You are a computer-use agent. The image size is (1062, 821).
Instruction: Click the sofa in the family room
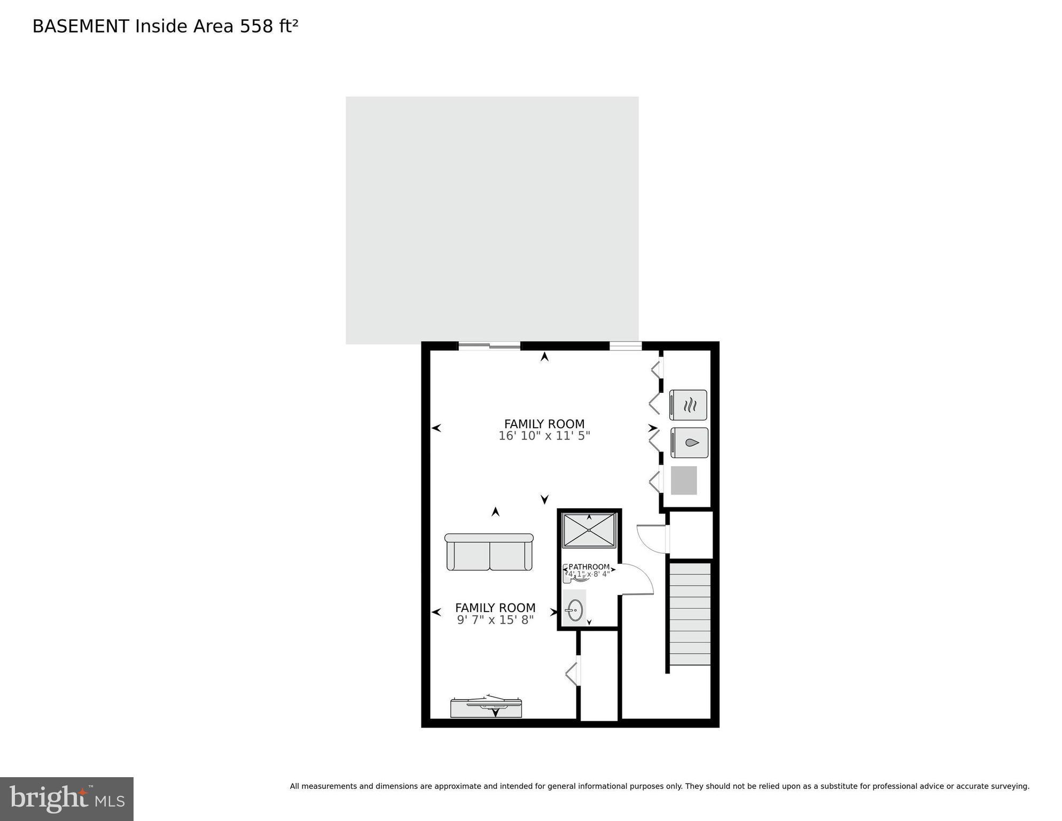pyautogui.click(x=489, y=552)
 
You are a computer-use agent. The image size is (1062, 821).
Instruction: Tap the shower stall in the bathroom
pyautogui.click(x=589, y=530)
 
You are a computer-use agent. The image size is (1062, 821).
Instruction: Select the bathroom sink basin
pyautogui.click(x=575, y=610)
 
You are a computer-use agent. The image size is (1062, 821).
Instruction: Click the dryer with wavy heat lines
pyautogui.click(x=689, y=405)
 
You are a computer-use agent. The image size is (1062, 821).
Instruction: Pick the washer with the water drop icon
pyautogui.click(x=690, y=443)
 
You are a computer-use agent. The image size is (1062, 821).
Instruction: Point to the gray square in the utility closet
pyautogui.click(x=684, y=480)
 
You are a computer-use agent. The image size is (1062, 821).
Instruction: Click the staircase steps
pyautogui.click(x=690, y=614)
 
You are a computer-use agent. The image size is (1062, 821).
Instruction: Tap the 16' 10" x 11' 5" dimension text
pyautogui.click(x=544, y=436)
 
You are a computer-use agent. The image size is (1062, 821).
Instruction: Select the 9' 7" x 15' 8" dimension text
pyautogui.click(x=495, y=620)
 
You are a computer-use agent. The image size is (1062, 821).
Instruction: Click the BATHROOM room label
pyautogui.click(x=589, y=567)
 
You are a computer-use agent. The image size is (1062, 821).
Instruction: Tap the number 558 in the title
pyautogui.click(x=256, y=26)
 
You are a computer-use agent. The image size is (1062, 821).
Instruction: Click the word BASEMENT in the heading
pyautogui.click(x=81, y=26)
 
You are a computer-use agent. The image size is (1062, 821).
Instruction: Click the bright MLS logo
pyautogui.click(x=67, y=799)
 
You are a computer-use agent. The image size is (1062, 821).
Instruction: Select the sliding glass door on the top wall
pyautogui.click(x=489, y=346)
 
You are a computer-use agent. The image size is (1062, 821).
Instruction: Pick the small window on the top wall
pyautogui.click(x=626, y=346)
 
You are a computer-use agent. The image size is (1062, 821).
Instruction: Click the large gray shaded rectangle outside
pyautogui.click(x=492, y=220)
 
